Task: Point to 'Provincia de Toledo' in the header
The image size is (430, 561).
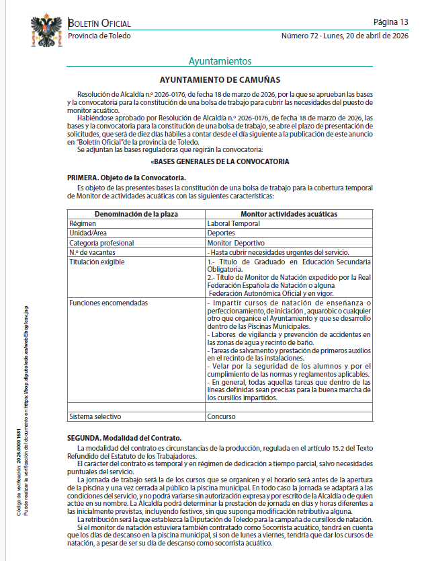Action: pos(99,36)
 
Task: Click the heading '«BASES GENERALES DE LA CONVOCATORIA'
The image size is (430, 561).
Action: pos(220,162)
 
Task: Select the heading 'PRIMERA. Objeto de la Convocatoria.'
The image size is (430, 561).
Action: pos(126,177)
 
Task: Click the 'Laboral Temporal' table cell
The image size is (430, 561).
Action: pos(233,223)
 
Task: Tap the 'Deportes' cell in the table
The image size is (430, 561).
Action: pos(221,233)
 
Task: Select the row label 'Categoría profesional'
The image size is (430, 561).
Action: pos(101,242)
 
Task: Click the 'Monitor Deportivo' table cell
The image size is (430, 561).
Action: pos(236,242)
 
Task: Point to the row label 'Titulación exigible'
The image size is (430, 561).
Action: pos(97,262)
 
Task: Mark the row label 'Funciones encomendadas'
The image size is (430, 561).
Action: pos(107,303)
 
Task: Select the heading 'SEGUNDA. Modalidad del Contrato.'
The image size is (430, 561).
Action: pos(124,438)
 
